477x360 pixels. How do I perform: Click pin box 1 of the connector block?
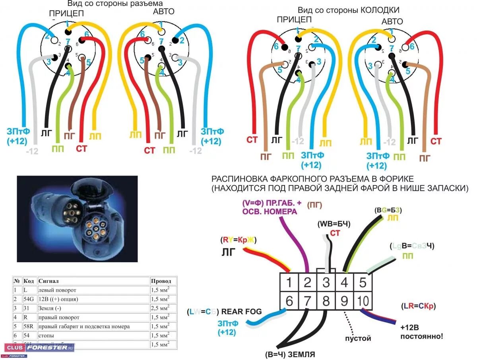coord(289,283)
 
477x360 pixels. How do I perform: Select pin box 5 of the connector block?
coord(362,283)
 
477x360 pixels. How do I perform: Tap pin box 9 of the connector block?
coord(344,301)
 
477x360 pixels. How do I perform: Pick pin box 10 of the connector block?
coord(363,301)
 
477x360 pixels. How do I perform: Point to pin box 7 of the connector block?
coord(307,301)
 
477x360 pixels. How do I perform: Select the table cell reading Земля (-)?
coord(50,308)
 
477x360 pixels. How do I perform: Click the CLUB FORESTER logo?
coord(40,348)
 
